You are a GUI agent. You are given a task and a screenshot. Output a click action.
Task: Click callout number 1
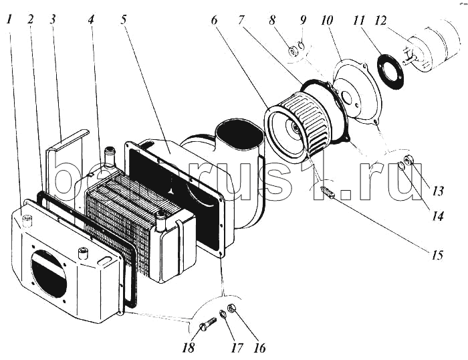[x=8, y=19]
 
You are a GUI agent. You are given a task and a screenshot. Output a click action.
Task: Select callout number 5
[x=124, y=19]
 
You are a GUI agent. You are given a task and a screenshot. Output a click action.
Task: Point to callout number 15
[x=437, y=254]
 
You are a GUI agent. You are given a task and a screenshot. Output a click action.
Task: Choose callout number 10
[x=327, y=21]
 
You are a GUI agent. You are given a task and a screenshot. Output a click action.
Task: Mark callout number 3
[x=52, y=19]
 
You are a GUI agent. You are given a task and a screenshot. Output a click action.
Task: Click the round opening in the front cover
[x=49, y=272]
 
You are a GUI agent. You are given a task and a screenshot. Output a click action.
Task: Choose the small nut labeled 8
[x=293, y=50]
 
